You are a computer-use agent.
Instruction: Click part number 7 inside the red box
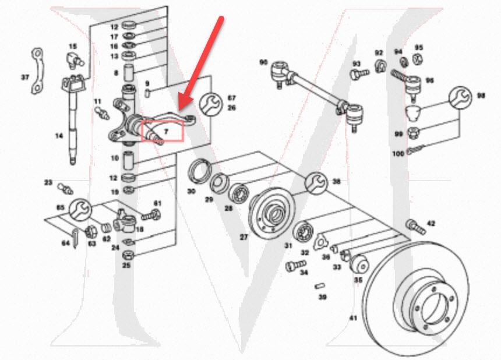(x=165, y=132)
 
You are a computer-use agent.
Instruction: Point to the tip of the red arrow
(x=178, y=110)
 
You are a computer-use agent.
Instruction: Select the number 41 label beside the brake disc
(x=352, y=318)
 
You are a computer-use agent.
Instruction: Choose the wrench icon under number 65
(x=80, y=207)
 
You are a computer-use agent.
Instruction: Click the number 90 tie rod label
(x=263, y=62)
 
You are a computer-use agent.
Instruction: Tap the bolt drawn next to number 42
(x=413, y=224)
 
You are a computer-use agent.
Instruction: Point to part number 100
(x=398, y=153)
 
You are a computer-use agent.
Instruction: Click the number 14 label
(x=59, y=136)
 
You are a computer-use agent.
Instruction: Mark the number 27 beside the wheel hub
(x=244, y=237)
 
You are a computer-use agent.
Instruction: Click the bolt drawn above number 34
(x=292, y=266)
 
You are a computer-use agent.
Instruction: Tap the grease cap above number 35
(x=360, y=264)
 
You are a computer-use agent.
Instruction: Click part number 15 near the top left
(x=73, y=46)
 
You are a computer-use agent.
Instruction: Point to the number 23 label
(x=48, y=182)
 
